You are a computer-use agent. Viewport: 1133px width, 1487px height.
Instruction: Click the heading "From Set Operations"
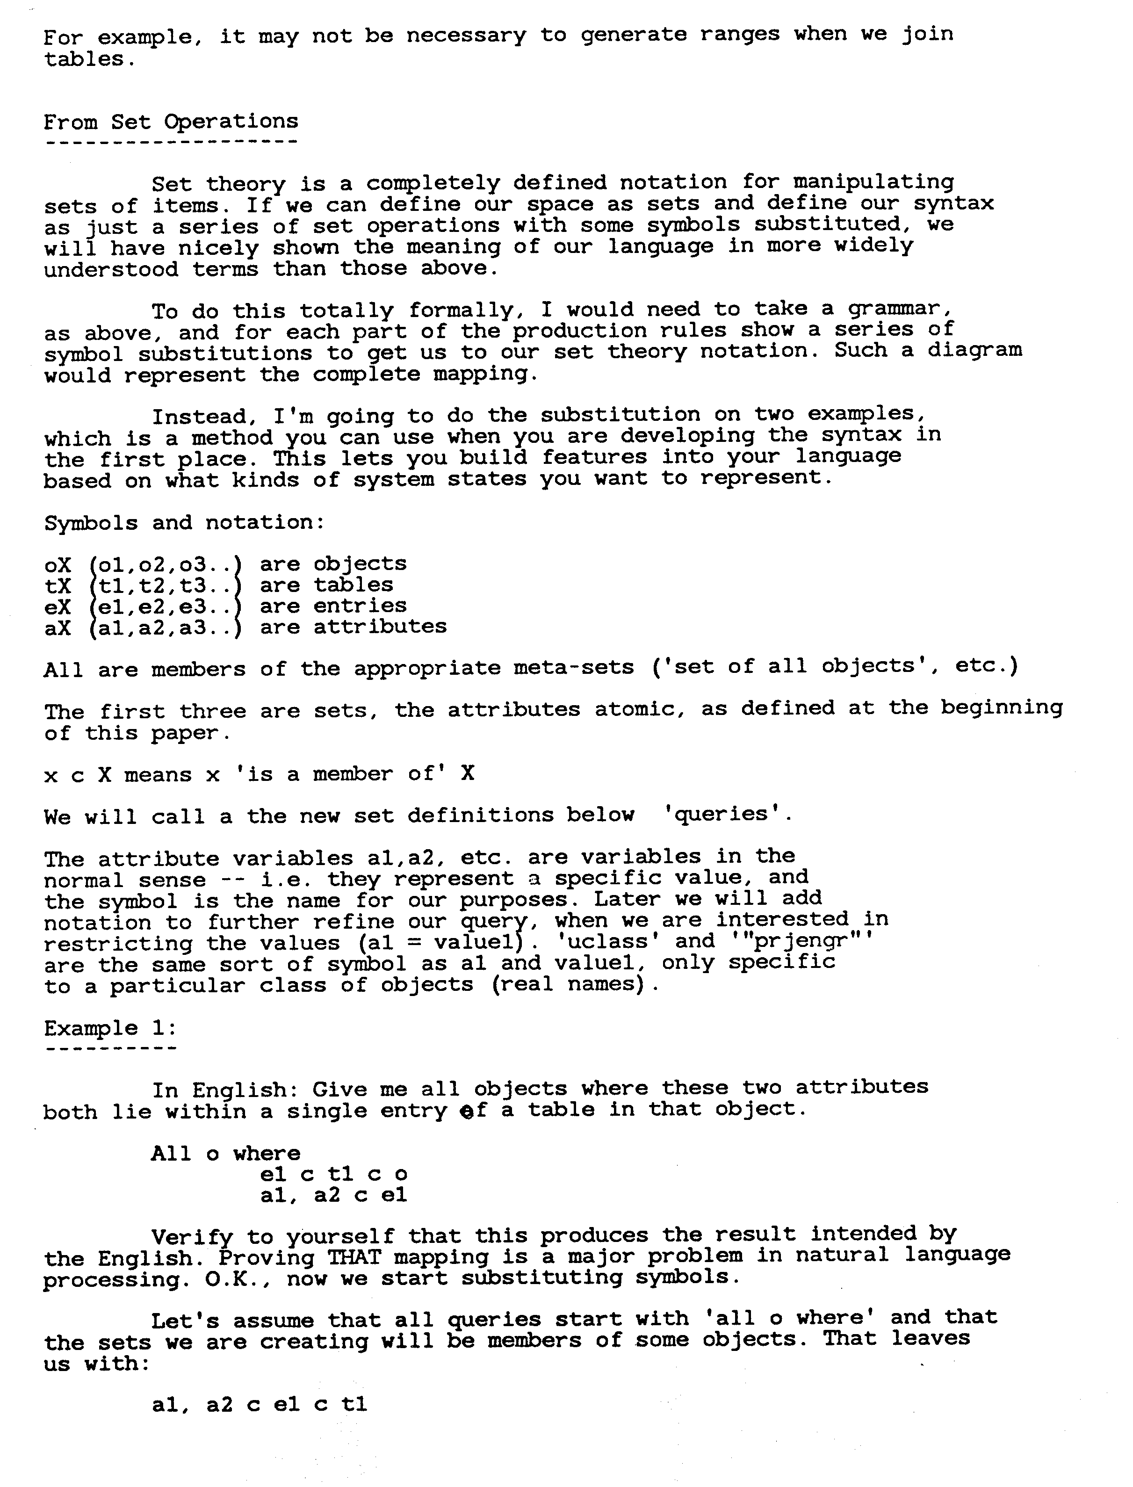pos(171,122)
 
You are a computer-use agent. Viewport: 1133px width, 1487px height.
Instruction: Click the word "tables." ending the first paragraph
pos(85,59)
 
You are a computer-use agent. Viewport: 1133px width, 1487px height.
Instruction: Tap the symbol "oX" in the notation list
pos(58,564)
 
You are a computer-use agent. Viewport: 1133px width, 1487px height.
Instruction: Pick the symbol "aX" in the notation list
pos(58,627)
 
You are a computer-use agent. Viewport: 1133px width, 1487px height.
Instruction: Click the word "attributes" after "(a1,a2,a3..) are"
pos(380,627)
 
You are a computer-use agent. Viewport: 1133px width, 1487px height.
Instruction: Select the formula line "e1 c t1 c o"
pos(334,1174)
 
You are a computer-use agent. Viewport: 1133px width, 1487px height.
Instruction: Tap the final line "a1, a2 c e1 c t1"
pos(260,1405)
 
